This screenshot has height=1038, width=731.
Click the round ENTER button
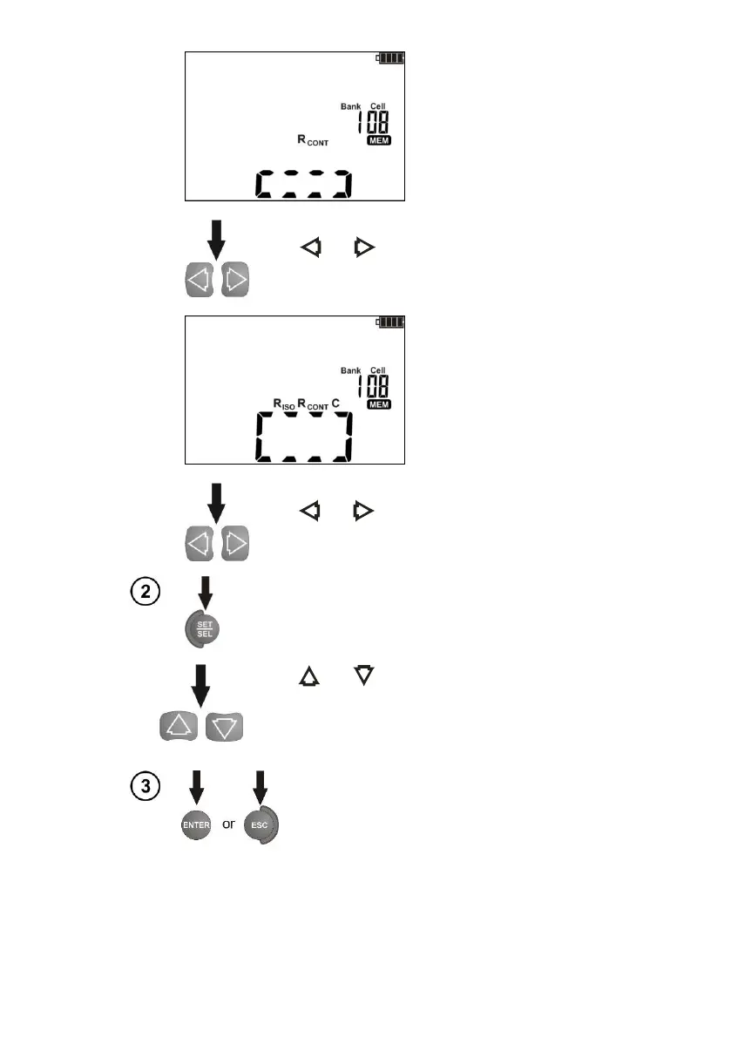coord(197,824)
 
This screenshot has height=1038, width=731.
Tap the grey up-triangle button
coord(179,725)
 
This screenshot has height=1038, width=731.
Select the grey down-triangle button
coord(225,725)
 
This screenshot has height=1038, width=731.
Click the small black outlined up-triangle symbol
coord(309,673)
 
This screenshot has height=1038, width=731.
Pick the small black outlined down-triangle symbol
coord(364,673)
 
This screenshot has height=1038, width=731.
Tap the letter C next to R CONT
coord(335,403)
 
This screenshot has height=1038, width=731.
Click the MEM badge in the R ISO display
coord(378,404)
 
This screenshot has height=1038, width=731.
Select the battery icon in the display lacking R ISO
coord(389,59)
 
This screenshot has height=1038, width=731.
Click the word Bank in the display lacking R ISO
coord(349,106)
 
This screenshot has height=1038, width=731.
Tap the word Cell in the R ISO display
coord(378,370)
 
